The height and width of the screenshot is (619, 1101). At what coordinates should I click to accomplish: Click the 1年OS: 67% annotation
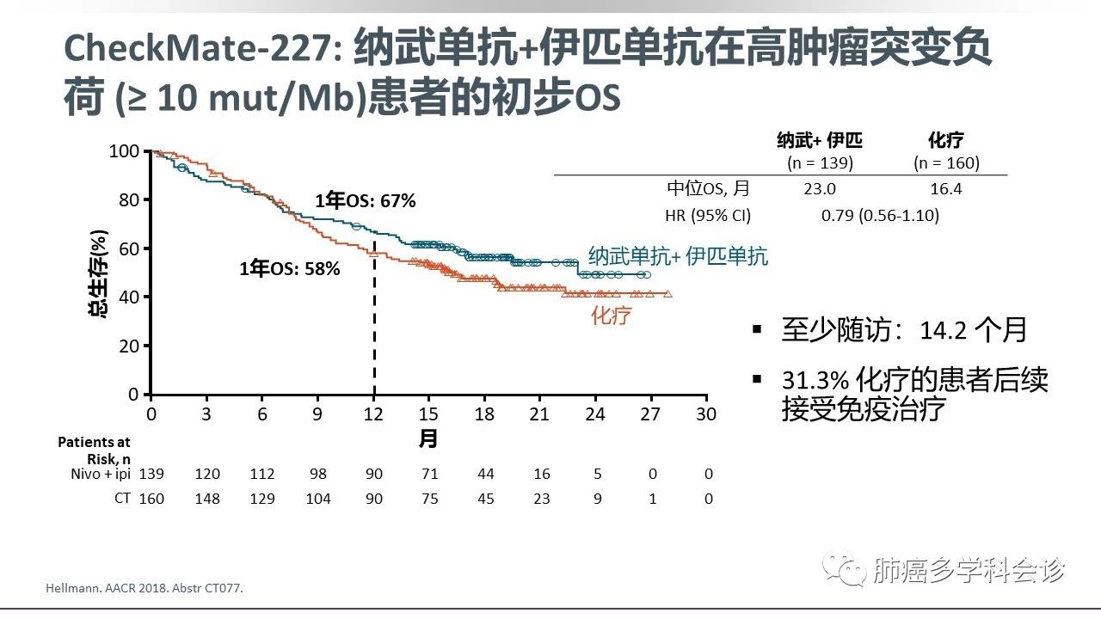pyautogui.click(x=365, y=201)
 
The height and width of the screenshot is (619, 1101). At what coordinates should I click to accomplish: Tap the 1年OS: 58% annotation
pyautogui.click(x=290, y=268)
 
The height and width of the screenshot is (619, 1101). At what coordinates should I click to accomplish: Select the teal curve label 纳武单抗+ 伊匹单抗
pyautogui.click(x=678, y=255)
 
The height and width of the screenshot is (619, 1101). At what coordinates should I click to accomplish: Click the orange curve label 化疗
pyautogui.click(x=611, y=316)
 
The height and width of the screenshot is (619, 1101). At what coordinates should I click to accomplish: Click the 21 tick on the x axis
pyautogui.click(x=540, y=414)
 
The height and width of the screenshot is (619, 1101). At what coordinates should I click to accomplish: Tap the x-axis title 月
pyautogui.click(x=428, y=439)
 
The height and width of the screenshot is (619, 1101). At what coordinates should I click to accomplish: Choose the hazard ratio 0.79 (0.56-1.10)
pyautogui.click(x=880, y=215)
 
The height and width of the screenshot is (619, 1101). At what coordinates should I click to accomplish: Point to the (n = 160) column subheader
pyautogui.click(x=946, y=162)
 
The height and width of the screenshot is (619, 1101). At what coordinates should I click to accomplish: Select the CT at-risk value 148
pyautogui.click(x=207, y=499)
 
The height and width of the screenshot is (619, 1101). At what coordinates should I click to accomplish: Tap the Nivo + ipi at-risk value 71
pyautogui.click(x=429, y=474)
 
